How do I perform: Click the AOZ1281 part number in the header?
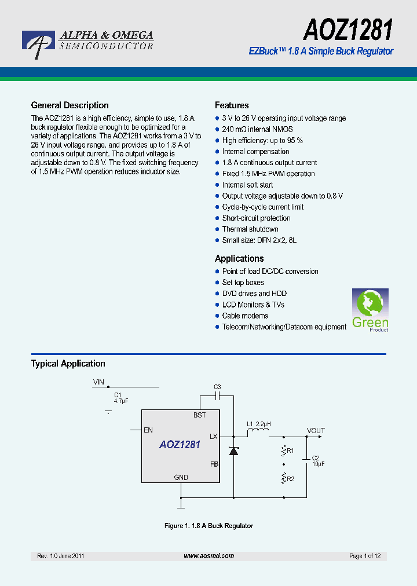click(348, 28)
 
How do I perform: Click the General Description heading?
click(69, 105)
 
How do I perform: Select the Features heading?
click(232, 105)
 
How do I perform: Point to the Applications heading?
click(239, 259)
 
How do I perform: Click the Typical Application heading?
click(68, 364)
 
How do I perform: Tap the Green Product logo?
click(370, 310)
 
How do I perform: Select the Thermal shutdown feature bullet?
click(250, 229)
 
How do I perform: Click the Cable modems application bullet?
click(245, 316)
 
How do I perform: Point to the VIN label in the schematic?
click(99, 382)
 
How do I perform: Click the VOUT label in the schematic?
click(316, 431)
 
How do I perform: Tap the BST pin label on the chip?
click(199, 415)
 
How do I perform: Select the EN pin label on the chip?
click(148, 430)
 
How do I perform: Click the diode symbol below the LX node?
click(233, 450)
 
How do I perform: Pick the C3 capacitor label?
click(217, 387)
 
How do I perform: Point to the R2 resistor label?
click(290, 479)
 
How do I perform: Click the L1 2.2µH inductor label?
click(258, 424)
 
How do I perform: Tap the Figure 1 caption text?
click(209, 526)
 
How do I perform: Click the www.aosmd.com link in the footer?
click(209, 556)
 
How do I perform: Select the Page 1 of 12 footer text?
click(365, 556)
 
